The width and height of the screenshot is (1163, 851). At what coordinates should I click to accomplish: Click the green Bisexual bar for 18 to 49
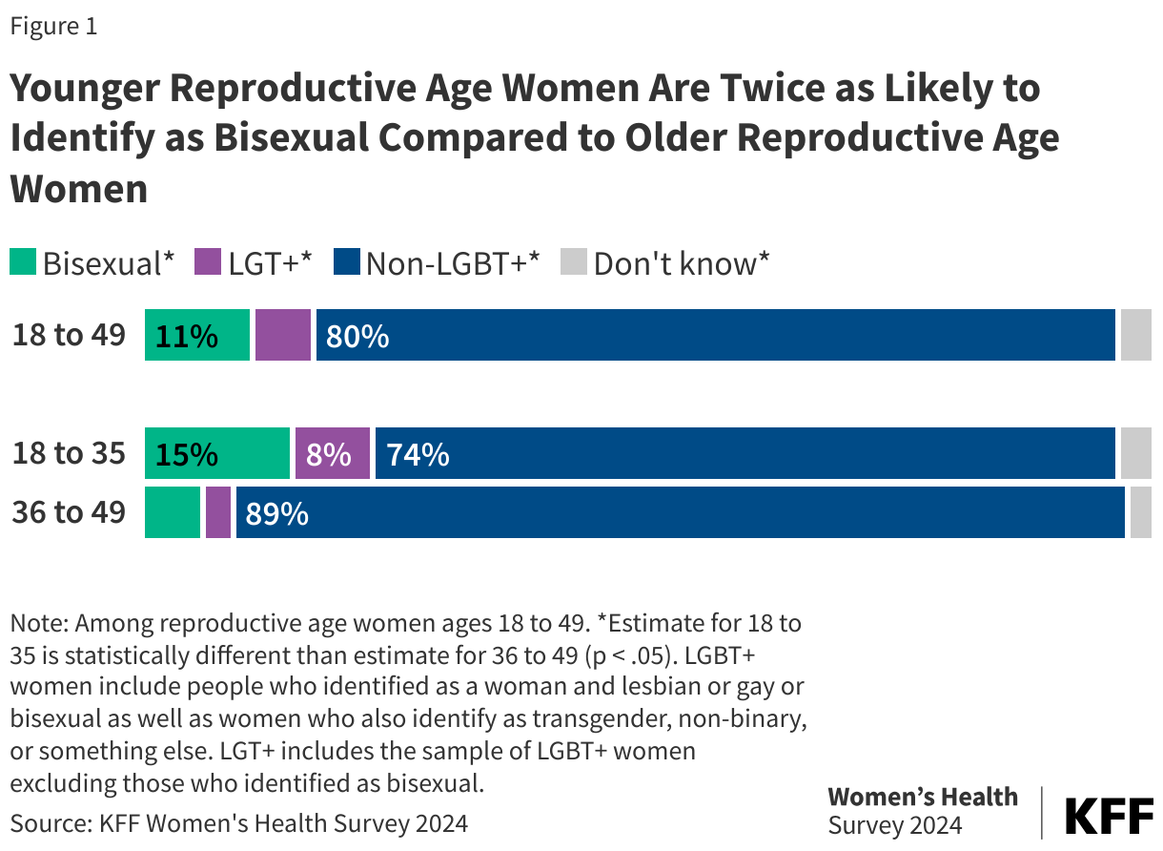196,335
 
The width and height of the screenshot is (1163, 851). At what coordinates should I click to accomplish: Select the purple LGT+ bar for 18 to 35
332,453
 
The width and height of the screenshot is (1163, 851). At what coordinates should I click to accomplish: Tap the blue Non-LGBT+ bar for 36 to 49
680,512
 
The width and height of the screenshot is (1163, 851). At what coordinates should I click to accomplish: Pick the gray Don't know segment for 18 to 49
1135,335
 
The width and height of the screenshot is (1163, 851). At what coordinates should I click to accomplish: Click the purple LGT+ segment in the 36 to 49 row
218,512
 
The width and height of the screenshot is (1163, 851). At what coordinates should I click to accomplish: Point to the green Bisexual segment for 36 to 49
173,512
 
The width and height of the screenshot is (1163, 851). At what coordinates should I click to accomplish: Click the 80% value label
357,336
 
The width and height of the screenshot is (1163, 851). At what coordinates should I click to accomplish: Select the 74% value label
417,454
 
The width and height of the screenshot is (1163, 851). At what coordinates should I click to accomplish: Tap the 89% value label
276,513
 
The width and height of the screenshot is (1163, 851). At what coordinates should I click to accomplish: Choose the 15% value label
186,454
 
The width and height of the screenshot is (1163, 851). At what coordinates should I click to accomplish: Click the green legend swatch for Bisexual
23,262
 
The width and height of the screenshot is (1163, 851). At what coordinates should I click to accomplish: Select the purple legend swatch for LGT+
208,262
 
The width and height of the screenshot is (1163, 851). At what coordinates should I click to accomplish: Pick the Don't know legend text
681,263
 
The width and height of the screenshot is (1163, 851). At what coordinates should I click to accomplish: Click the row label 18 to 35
69,453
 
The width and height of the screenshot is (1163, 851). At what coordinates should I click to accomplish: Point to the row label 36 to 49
69,512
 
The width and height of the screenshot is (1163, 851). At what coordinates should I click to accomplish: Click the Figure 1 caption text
53,27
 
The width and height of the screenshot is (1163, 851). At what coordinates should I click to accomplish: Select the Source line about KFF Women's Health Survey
239,822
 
